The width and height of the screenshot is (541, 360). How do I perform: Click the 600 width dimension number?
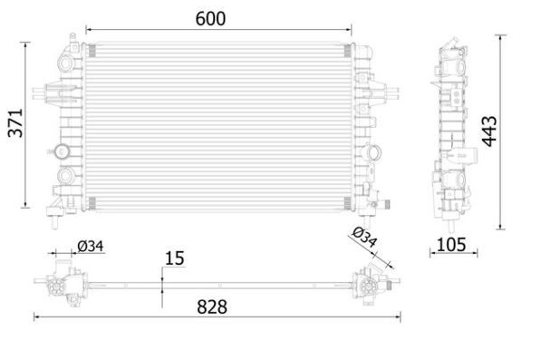tap(210, 19)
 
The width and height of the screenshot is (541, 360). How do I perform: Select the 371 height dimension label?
tap(16, 123)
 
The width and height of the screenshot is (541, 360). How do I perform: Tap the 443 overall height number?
tap(489, 131)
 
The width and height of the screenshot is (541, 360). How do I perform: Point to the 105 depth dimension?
tap(451, 244)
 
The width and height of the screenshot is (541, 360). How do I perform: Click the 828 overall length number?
tap(212, 306)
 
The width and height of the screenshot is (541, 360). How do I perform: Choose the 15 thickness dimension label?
tap(175, 258)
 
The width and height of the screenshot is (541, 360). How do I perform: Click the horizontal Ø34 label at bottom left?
tap(91, 247)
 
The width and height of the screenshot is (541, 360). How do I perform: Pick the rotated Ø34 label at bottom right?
tap(364, 237)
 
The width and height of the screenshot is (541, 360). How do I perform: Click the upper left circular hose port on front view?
tap(65, 63)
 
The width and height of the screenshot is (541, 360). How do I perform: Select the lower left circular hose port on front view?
tap(65, 175)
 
